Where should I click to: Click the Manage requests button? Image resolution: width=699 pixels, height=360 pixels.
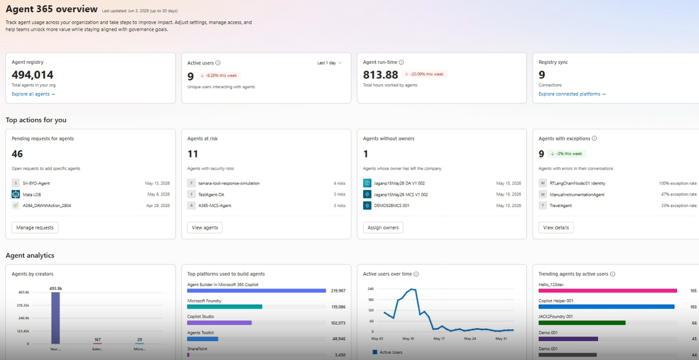tap(35, 227)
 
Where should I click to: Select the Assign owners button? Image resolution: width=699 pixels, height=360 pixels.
tap(383, 227)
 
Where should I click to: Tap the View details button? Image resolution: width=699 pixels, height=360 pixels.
tap(556, 227)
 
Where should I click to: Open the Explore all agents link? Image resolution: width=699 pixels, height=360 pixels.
tap(33, 94)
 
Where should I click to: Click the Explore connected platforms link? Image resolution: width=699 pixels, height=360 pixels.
tap(572, 94)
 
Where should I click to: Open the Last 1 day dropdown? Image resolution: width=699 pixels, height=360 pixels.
tap(330, 63)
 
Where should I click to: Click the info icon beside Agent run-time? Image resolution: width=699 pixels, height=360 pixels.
tap(401, 62)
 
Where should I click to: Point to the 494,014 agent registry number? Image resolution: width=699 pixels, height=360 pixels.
tap(32, 75)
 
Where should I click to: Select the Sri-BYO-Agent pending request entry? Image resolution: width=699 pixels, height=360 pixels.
tap(36, 183)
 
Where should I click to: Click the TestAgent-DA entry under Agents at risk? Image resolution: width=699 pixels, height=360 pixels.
tap(211, 194)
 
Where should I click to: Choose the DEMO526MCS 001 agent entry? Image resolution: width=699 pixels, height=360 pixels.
tap(391, 206)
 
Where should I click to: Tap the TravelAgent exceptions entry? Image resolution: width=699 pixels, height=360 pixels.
tap(561, 206)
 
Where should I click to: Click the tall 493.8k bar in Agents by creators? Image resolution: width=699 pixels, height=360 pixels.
tap(55, 318)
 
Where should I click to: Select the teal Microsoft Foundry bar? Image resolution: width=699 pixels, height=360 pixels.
tap(225, 307)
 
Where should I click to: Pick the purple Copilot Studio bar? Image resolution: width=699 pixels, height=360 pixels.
tap(219, 323)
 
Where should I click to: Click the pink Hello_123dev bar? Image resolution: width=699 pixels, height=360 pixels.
tap(608, 291)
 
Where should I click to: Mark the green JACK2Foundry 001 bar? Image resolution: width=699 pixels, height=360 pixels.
tap(582, 323)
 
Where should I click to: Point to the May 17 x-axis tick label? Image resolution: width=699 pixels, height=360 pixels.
tap(439, 339)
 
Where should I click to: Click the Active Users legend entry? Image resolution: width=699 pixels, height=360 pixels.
tap(387, 352)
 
